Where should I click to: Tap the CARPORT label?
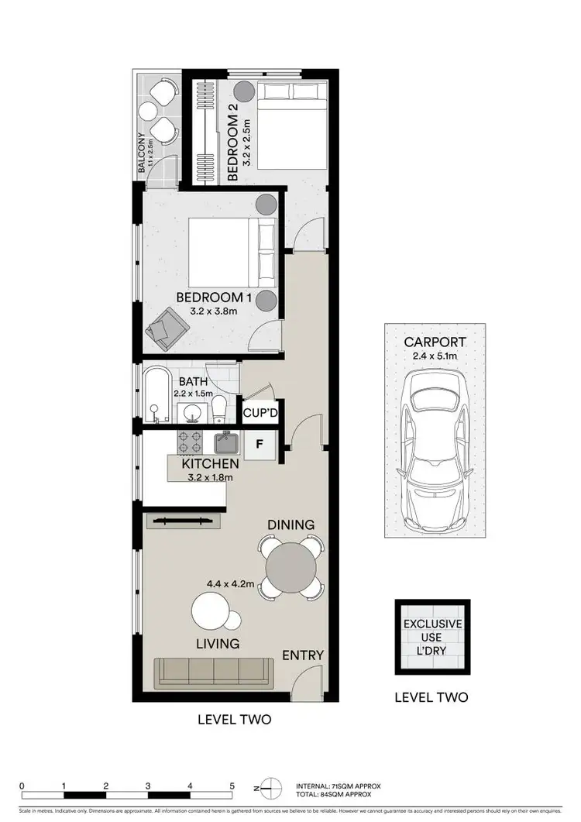435,342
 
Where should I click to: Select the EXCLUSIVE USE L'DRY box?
432,636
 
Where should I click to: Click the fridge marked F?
258,445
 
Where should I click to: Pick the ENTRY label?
301,655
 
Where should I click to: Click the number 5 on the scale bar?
232,785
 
